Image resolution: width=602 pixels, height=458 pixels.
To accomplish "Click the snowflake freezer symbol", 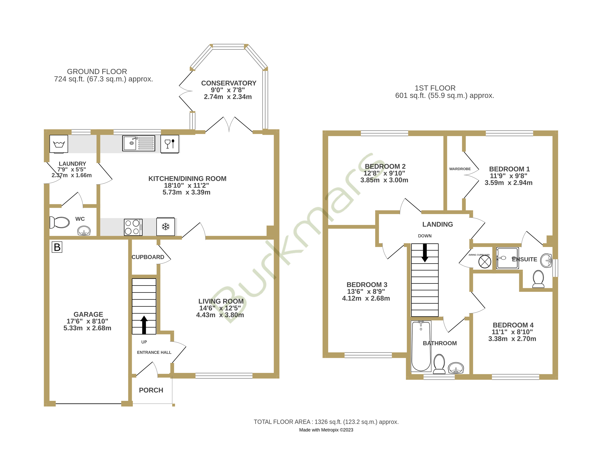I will pyautogui.click(x=165, y=227).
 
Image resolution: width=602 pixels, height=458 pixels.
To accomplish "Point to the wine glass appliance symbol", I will pyautogui.click(x=169, y=144).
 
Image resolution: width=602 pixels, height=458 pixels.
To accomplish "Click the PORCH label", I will pyautogui.click(x=151, y=390).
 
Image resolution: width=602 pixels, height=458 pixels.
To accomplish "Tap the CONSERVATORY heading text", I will pyautogui.click(x=229, y=83).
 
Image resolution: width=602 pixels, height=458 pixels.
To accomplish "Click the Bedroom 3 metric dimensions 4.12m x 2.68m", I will pyautogui.click(x=366, y=298).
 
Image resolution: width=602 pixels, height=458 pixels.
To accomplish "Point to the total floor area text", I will pyautogui.click(x=326, y=422).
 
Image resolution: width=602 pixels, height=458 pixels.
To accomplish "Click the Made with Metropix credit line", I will pyautogui.click(x=326, y=430).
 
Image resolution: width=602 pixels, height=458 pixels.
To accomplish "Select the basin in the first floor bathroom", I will pyautogui.click(x=456, y=368).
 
